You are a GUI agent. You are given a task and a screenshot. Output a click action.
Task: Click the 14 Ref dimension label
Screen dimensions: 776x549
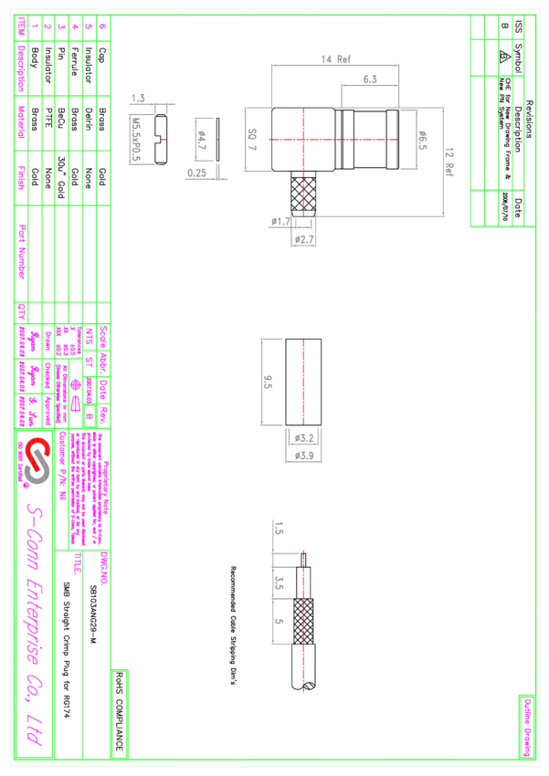pos(336,60)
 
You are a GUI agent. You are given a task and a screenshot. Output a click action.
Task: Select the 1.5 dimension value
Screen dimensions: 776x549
pos(139,98)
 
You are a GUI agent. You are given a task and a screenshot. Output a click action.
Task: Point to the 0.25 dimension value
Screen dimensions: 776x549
pos(197,172)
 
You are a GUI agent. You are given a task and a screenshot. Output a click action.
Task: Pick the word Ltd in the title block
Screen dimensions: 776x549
pos(35,731)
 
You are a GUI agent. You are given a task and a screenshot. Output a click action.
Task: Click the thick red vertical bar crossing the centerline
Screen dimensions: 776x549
pos(303,138)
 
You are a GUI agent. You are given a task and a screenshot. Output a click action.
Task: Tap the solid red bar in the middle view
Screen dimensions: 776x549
pos(303,382)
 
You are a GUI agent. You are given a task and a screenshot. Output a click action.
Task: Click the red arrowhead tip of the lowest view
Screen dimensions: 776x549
pos(303,690)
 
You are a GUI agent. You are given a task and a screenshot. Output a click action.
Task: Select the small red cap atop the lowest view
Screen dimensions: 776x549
pos(303,551)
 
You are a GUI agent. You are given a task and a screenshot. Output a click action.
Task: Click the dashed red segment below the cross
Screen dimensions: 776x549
pos(303,194)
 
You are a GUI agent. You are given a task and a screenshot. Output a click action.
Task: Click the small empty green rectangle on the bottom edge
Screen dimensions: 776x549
pos(120,714)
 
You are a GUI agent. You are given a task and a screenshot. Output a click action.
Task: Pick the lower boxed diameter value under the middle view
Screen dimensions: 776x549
pos(303,455)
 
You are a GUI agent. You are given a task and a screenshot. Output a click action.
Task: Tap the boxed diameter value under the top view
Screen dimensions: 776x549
pos(303,240)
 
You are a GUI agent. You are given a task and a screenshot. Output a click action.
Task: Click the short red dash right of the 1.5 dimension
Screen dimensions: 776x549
pos(164,140)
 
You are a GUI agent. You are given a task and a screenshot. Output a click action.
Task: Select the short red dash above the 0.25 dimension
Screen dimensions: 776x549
pos(217,140)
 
